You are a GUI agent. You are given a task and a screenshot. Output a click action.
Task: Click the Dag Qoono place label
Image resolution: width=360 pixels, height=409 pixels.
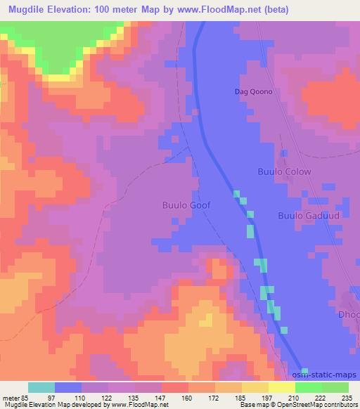coord(252,92)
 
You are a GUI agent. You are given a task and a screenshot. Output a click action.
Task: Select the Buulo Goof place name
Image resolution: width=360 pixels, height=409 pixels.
coord(186,206)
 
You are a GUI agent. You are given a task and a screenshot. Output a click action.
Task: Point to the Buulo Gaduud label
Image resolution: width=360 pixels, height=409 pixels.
coord(309,216)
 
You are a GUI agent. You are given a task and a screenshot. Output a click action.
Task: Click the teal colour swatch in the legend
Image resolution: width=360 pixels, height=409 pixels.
coord(41,387)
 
